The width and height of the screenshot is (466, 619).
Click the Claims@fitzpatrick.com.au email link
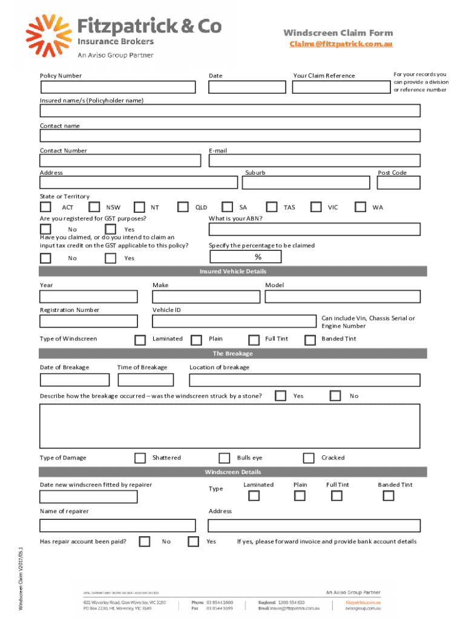(x=341, y=44)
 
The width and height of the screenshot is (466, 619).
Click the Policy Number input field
(x=117, y=87)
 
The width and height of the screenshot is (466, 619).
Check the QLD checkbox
(x=183, y=207)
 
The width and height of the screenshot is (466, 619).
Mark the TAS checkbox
(x=272, y=207)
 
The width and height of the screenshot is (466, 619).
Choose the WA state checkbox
(x=361, y=207)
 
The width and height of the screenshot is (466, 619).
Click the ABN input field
(x=314, y=229)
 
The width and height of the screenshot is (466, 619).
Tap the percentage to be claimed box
(x=245, y=258)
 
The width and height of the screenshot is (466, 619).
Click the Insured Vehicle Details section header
(x=233, y=271)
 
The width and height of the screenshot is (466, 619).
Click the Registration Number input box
(x=88, y=321)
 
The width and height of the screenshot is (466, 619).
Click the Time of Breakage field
(x=145, y=380)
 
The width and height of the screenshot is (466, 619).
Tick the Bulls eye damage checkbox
(x=225, y=458)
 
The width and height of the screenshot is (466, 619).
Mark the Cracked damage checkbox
(x=309, y=458)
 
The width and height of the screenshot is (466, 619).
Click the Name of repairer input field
(x=117, y=525)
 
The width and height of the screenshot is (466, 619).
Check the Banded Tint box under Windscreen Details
(x=389, y=496)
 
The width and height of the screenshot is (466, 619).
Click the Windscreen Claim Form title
(x=338, y=33)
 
